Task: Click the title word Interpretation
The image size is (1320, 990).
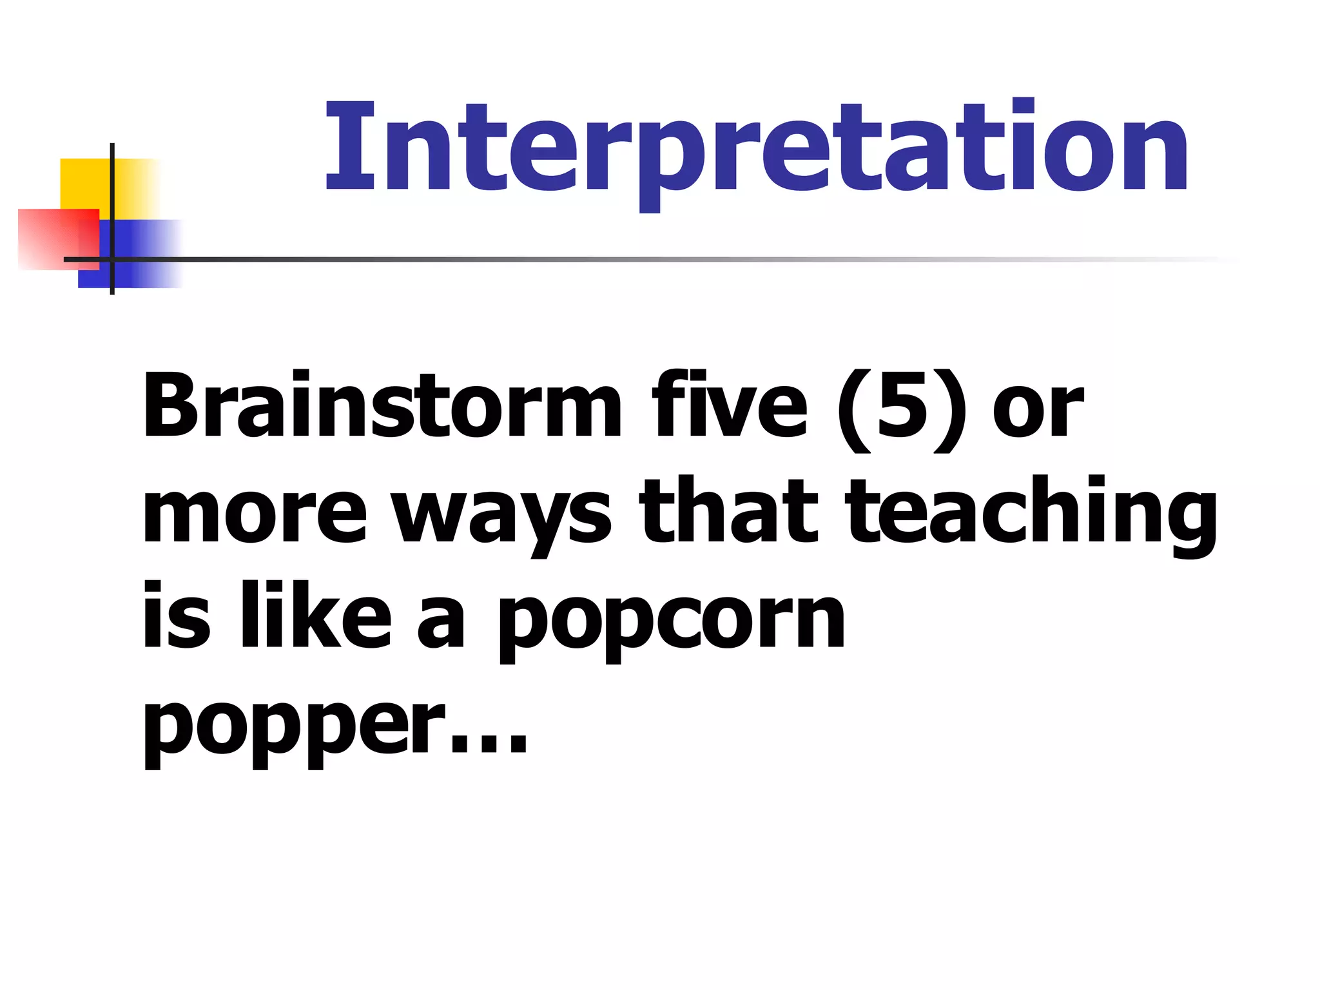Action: [x=757, y=148]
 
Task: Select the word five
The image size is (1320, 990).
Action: [x=729, y=406]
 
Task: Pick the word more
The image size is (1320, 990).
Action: [x=255, y=512]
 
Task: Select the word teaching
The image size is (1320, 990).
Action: [x=1031, y=512]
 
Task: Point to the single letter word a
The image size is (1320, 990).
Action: [x=441, y=622]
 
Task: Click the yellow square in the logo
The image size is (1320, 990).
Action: [x=84, y=184]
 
